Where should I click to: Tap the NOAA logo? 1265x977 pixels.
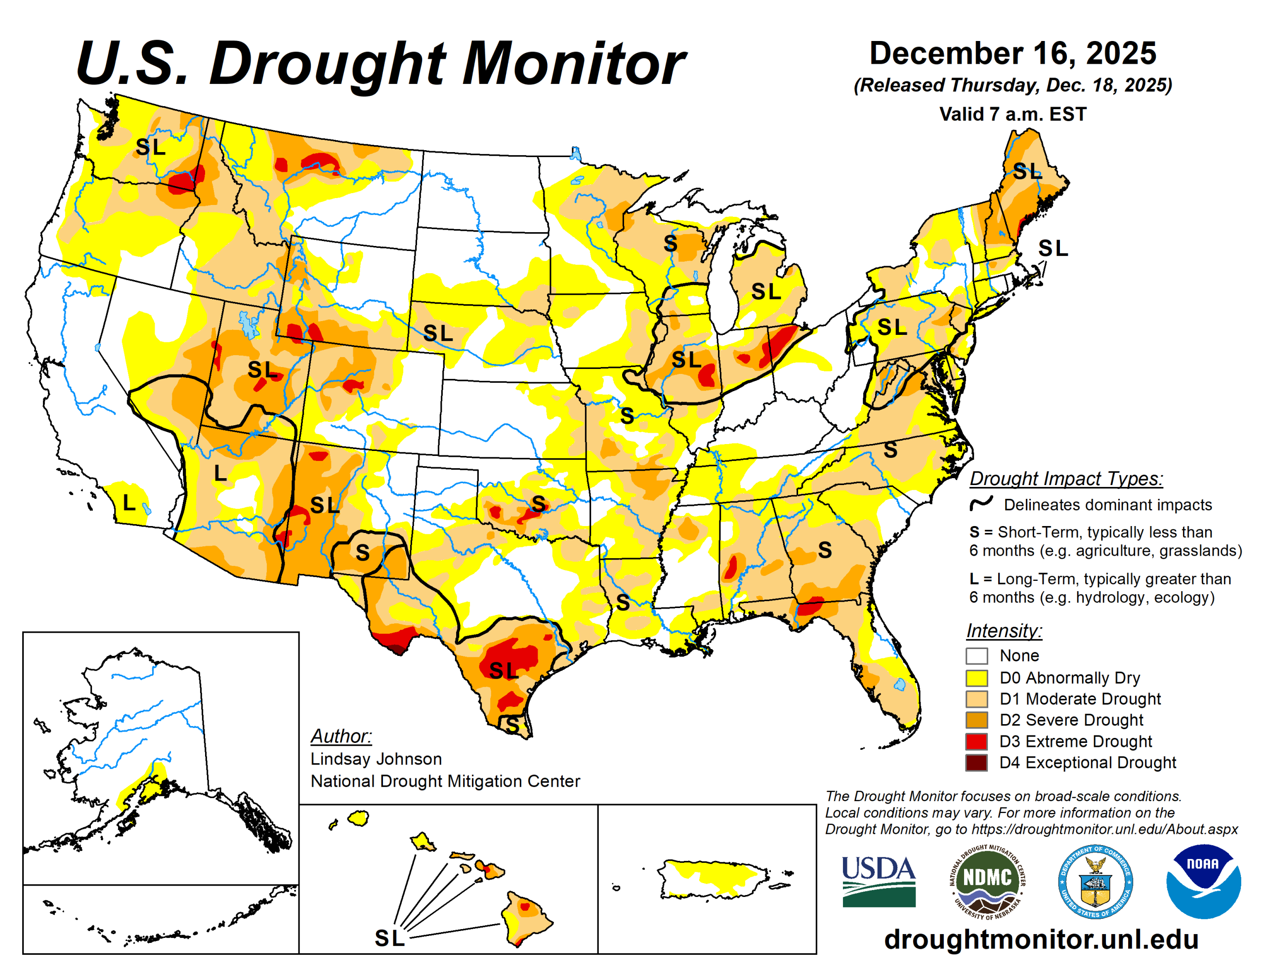pos(1203,881)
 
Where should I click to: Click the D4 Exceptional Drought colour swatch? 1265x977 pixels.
pos(976,762)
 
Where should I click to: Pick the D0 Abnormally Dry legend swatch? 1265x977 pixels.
pos(976,678)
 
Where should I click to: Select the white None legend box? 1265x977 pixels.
pos(976,655)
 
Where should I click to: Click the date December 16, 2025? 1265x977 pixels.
pos(1012,53)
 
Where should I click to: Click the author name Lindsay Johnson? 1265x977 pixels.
pos(376,759)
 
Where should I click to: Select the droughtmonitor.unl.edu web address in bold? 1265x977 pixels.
pos(1041,939)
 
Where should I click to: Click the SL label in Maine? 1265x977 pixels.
pos(1026,171)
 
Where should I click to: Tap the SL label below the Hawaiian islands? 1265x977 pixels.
pos(389,938)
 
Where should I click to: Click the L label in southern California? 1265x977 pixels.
pos(129,503)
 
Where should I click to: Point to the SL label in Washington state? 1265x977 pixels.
pos(150,147)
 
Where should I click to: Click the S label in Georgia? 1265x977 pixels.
pos(825,550)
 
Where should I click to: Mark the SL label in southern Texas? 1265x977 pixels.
pos(504,671)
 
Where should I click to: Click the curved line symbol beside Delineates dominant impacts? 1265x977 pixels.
pos(981,503)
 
